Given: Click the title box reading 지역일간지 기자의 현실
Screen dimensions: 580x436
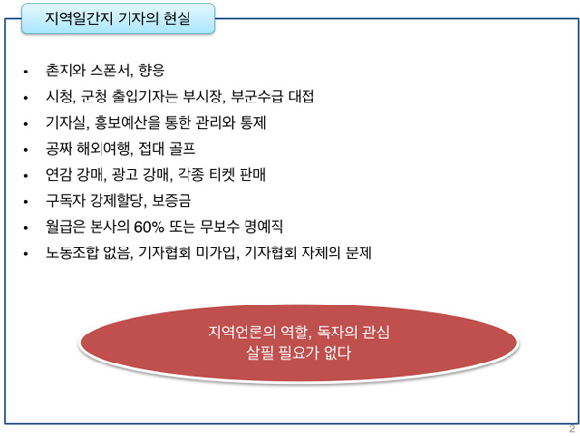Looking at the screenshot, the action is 118,18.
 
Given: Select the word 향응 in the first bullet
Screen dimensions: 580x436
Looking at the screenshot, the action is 152,71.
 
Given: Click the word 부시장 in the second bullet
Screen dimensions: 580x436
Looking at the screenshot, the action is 202,97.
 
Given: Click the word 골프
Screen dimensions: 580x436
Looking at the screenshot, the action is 183,149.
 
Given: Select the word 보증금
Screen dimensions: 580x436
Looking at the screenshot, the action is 172,201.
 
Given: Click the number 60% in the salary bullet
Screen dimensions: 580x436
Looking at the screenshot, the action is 149,227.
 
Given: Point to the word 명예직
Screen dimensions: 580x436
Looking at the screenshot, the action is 264,226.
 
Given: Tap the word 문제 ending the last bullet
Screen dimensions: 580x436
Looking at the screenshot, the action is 359,253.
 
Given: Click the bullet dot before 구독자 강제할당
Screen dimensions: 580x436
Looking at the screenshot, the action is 25,202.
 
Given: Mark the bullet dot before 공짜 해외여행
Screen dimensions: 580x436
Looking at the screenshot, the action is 25,150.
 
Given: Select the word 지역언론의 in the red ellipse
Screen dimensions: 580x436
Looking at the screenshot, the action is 242,332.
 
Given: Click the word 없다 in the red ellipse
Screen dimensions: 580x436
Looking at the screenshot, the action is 337,353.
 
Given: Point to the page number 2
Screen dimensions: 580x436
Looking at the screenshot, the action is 572,429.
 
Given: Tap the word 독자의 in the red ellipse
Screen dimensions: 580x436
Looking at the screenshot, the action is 337,332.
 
